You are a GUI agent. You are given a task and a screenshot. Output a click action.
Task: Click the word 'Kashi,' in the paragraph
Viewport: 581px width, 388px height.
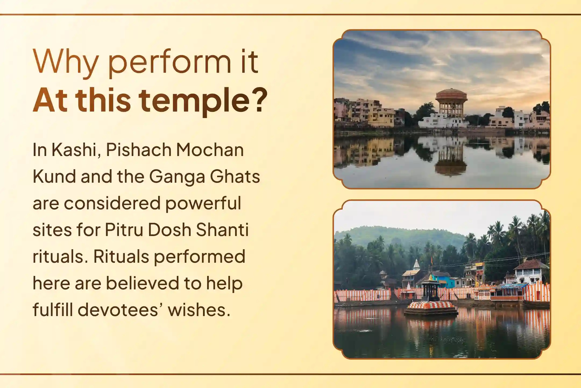pos(76,150)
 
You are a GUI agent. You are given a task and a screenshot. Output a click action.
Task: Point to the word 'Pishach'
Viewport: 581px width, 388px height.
pos(138,150)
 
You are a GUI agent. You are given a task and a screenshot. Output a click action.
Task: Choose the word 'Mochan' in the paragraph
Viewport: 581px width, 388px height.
pos(210,150)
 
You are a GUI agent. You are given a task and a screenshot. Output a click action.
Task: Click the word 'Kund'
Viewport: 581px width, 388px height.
pos(54,176)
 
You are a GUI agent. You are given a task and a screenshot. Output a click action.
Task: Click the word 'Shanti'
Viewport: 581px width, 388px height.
pos(222,230)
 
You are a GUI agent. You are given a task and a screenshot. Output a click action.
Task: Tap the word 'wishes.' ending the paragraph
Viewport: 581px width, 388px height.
pos(199,310)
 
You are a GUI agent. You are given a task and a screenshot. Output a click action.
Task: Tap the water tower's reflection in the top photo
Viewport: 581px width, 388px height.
pos(451,159)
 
